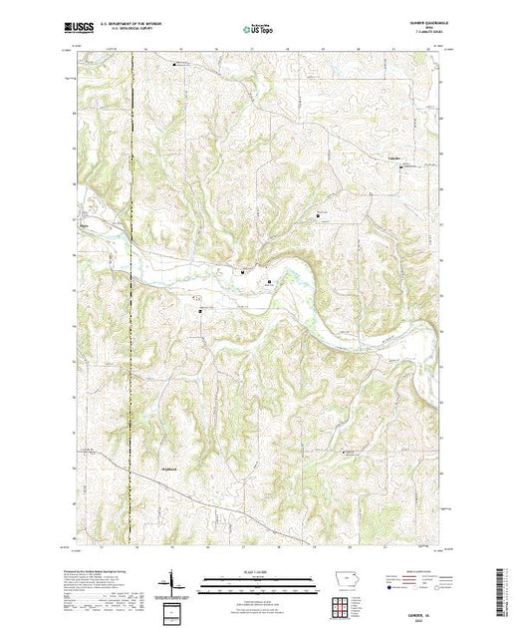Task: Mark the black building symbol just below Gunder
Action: coord(401,167)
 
